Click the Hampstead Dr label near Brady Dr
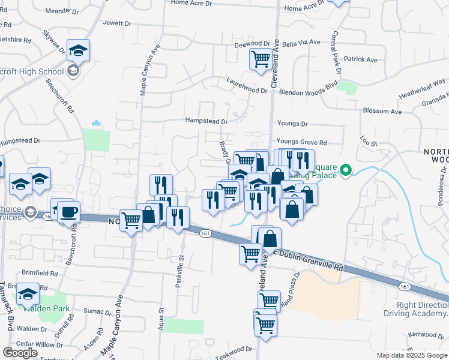pos(206,121)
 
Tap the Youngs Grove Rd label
pos(301,142)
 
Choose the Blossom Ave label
pos(382,112)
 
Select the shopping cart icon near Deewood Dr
pos(261,59)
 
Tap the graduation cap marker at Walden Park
pos(28,295)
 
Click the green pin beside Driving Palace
pos(345,171)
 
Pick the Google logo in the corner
pos(20,353)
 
